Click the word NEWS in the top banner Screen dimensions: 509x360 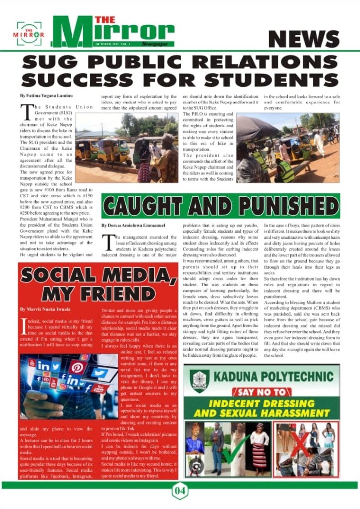coord(303,39)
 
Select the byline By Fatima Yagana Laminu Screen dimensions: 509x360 coord(46,95)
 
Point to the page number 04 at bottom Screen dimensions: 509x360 coord(180,491)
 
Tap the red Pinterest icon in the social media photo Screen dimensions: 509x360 coord(78,367)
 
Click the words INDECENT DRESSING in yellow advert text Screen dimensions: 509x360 coord(262,404)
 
